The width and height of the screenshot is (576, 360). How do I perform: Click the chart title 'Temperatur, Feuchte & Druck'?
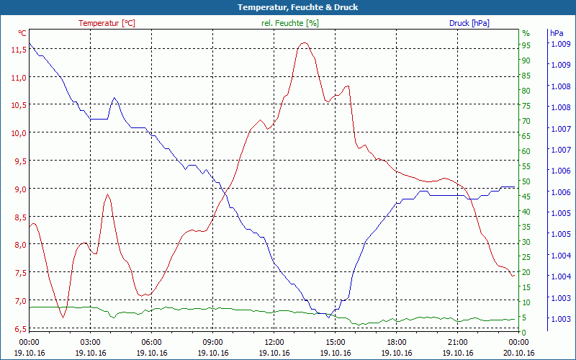pyautogui.click(x=288, y=7)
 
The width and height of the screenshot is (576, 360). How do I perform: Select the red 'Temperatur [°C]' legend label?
pyautogui.click(x=107, y=23)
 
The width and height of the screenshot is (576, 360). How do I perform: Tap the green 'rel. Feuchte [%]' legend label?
pyautogui.click(x=290, y=23)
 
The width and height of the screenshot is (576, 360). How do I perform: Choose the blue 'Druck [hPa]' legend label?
pyautogui.click(x=469, y=23)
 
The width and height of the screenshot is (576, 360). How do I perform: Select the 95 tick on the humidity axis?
pyautogui.click(x=526, y=45)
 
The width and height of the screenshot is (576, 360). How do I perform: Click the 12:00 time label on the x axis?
pyautogui.click(x=274, y=342)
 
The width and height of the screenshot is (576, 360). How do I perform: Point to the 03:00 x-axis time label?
pyautogui.click(x=90, y=342)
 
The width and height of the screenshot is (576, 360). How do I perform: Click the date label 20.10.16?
pyautogui.click(x=518, y=353)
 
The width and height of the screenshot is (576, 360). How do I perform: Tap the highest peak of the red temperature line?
pyautogui.click(x=304, y=43)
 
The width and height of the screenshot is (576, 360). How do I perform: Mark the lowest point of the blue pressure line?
pyautogui.click(x=328, y=316)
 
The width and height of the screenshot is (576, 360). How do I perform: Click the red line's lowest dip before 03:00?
pyautogui.click(x=63, y=317)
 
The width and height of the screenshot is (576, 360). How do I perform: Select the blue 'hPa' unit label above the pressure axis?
pyautogui.click(x=556, y=33)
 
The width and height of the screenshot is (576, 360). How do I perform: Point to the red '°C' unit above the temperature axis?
pyautogui.click(x=22, y=33)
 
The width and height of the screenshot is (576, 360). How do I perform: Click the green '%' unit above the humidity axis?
pyautogui.click(x=526, y=33)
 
